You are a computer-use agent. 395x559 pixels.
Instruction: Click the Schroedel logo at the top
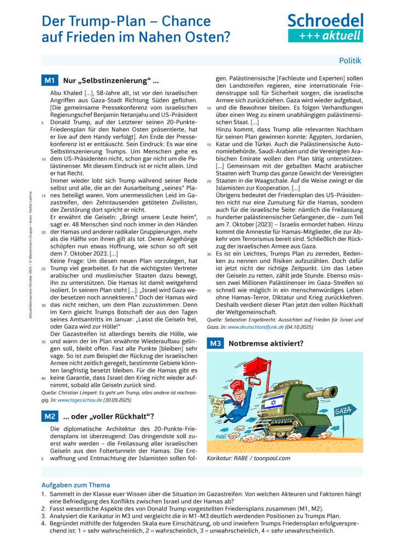pos(325,27)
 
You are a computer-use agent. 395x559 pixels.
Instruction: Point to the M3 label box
pos(215,343)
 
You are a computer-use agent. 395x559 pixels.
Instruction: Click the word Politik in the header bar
pos(350,60)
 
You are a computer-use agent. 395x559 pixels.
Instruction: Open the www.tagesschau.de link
pos(83,400)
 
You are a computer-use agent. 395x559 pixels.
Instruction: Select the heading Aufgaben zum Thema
pos(76,485)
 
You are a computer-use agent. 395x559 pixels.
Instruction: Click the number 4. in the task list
pos(44,523)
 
